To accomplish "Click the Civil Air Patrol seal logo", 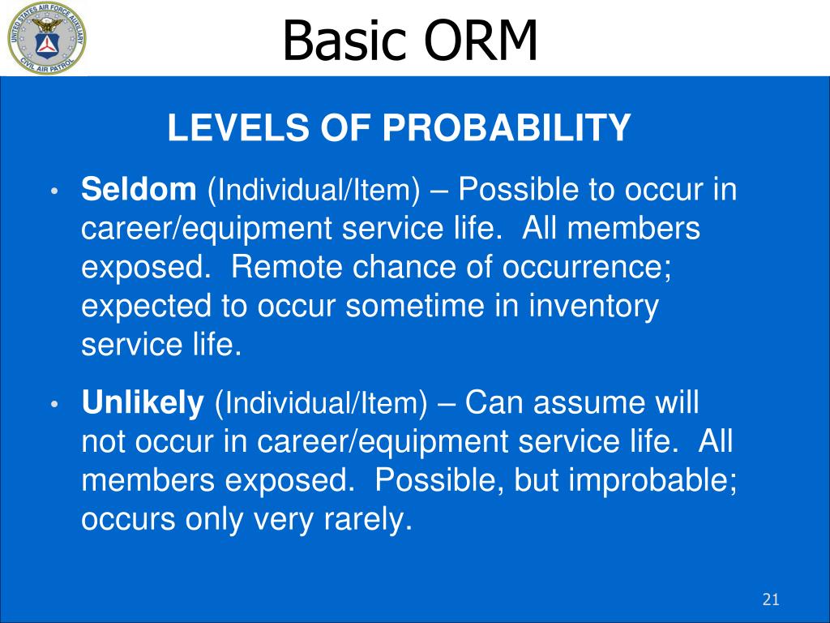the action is pos(46,37).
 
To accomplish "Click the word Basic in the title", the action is pos(344,41).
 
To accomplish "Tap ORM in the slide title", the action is pos(480,41).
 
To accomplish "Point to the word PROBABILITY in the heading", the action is pos(506,127).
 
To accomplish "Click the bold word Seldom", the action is pos(139,188).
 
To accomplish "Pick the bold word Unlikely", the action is pos(143,402).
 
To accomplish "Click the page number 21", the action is pos(771,599).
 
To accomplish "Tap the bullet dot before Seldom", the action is pos(54,191).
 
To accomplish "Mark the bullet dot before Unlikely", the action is pos(54,404).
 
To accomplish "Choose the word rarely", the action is pos(368,520).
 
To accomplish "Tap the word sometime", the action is pos(414,306).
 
